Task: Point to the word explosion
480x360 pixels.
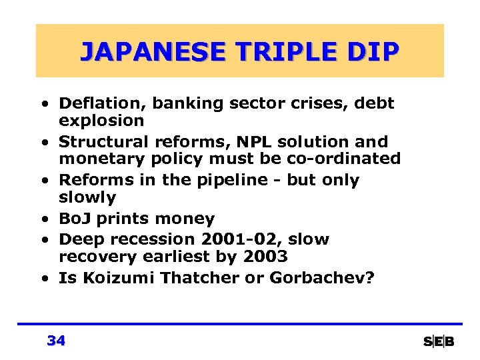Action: coord(101,121)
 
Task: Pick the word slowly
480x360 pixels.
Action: coord(87,197)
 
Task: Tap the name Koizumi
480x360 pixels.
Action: coord(110,278)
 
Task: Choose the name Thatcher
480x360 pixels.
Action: coord(193,278)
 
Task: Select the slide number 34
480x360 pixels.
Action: coord(57,341)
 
